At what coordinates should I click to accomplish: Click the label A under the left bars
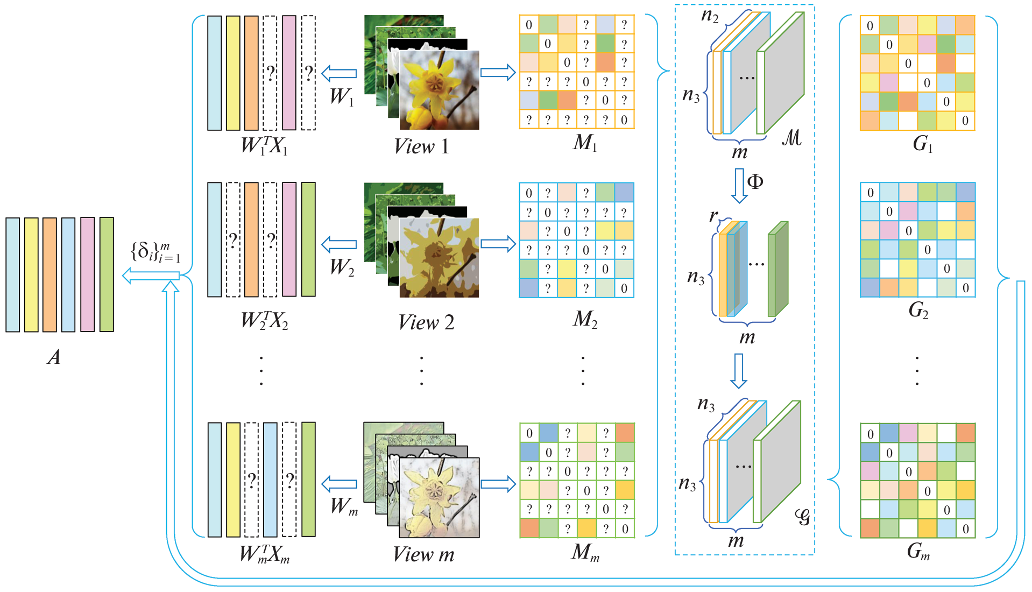54,357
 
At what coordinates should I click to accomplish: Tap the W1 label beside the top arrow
342,97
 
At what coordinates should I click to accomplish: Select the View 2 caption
426,322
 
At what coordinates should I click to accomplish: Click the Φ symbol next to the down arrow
755,182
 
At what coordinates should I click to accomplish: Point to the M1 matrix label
585,143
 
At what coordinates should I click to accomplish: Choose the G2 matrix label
918,310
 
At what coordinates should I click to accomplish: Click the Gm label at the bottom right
918,551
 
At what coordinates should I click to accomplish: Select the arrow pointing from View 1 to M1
498,73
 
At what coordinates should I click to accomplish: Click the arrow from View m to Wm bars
339,483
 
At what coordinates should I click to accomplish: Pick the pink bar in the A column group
88,274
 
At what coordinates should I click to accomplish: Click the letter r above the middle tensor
713,215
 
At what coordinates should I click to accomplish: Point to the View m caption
423,554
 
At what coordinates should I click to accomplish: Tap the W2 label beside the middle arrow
342,267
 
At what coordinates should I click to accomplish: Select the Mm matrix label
585,552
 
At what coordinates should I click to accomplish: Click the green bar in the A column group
107,274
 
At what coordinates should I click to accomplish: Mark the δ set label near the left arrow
155,252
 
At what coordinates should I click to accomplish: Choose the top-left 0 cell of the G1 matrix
870,26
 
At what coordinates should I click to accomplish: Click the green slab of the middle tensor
777,269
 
